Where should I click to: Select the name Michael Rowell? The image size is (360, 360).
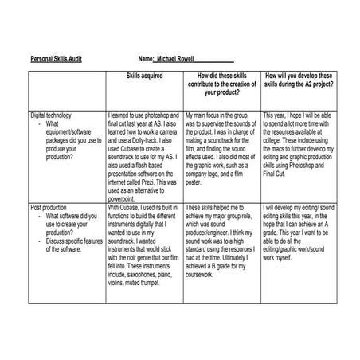[x=182, y=59]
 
